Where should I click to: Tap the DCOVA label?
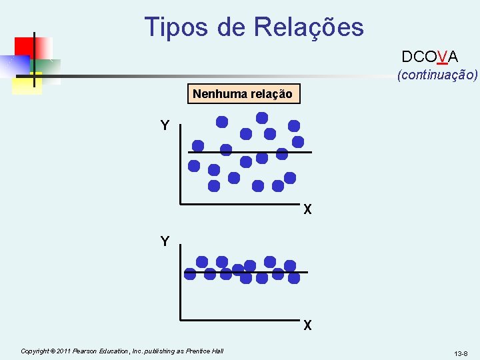429,57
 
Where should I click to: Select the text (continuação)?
437,75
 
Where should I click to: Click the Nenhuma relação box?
242,94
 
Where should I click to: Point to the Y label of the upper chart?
164,125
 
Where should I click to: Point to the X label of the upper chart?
307,210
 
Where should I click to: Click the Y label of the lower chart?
164,241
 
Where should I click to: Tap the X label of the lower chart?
307,326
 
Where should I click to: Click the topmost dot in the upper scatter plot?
262,117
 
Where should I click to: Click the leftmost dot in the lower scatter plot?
190,273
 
